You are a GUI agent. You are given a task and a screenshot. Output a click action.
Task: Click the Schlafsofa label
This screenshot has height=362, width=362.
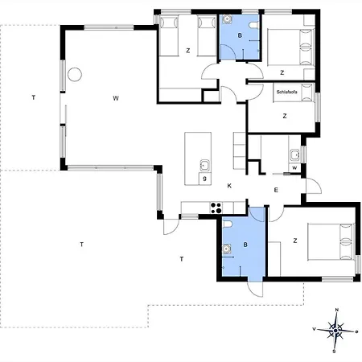click(286, 92)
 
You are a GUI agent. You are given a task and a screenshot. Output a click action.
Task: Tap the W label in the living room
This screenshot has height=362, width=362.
click(116, 98)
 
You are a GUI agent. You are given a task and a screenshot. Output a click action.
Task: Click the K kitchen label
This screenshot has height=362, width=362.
click(229, 186)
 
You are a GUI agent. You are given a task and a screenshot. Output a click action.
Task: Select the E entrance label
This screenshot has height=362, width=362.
click(276, 190)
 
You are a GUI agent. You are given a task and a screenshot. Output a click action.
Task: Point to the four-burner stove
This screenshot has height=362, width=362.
click(216, 208)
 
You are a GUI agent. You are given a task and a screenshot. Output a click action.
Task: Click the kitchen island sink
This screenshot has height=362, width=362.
click(204, 165)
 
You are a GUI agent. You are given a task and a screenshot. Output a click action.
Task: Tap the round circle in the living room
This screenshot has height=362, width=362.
click(75, 74)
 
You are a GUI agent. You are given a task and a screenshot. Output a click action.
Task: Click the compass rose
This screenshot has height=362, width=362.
click(335, 331)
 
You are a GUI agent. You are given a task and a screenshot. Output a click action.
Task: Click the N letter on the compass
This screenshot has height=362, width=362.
click(337, 310)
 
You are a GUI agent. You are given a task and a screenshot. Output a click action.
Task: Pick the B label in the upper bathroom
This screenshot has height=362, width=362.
click(240, 35)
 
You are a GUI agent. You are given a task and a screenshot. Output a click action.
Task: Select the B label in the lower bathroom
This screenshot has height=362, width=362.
click(245, 245)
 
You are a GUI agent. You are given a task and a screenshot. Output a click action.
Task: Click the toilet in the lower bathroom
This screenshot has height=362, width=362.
click(227, 224)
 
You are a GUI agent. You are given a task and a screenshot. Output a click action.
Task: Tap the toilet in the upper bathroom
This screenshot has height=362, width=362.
click(253, 25)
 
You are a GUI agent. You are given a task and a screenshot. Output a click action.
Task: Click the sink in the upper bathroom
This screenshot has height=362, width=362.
click(228, 19)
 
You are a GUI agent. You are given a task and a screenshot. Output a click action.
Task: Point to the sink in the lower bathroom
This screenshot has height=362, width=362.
click(227, 249)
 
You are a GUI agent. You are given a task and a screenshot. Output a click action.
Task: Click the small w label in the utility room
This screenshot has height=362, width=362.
click(294, 168)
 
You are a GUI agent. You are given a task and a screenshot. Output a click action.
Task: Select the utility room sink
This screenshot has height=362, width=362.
click(294, 155)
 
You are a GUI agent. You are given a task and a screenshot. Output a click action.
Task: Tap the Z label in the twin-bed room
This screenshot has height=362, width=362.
click(188, 51)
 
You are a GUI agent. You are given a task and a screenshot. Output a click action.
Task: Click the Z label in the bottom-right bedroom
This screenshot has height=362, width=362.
click(295, 241)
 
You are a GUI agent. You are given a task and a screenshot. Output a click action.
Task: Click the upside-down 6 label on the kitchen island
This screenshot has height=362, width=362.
click(204, 179)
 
